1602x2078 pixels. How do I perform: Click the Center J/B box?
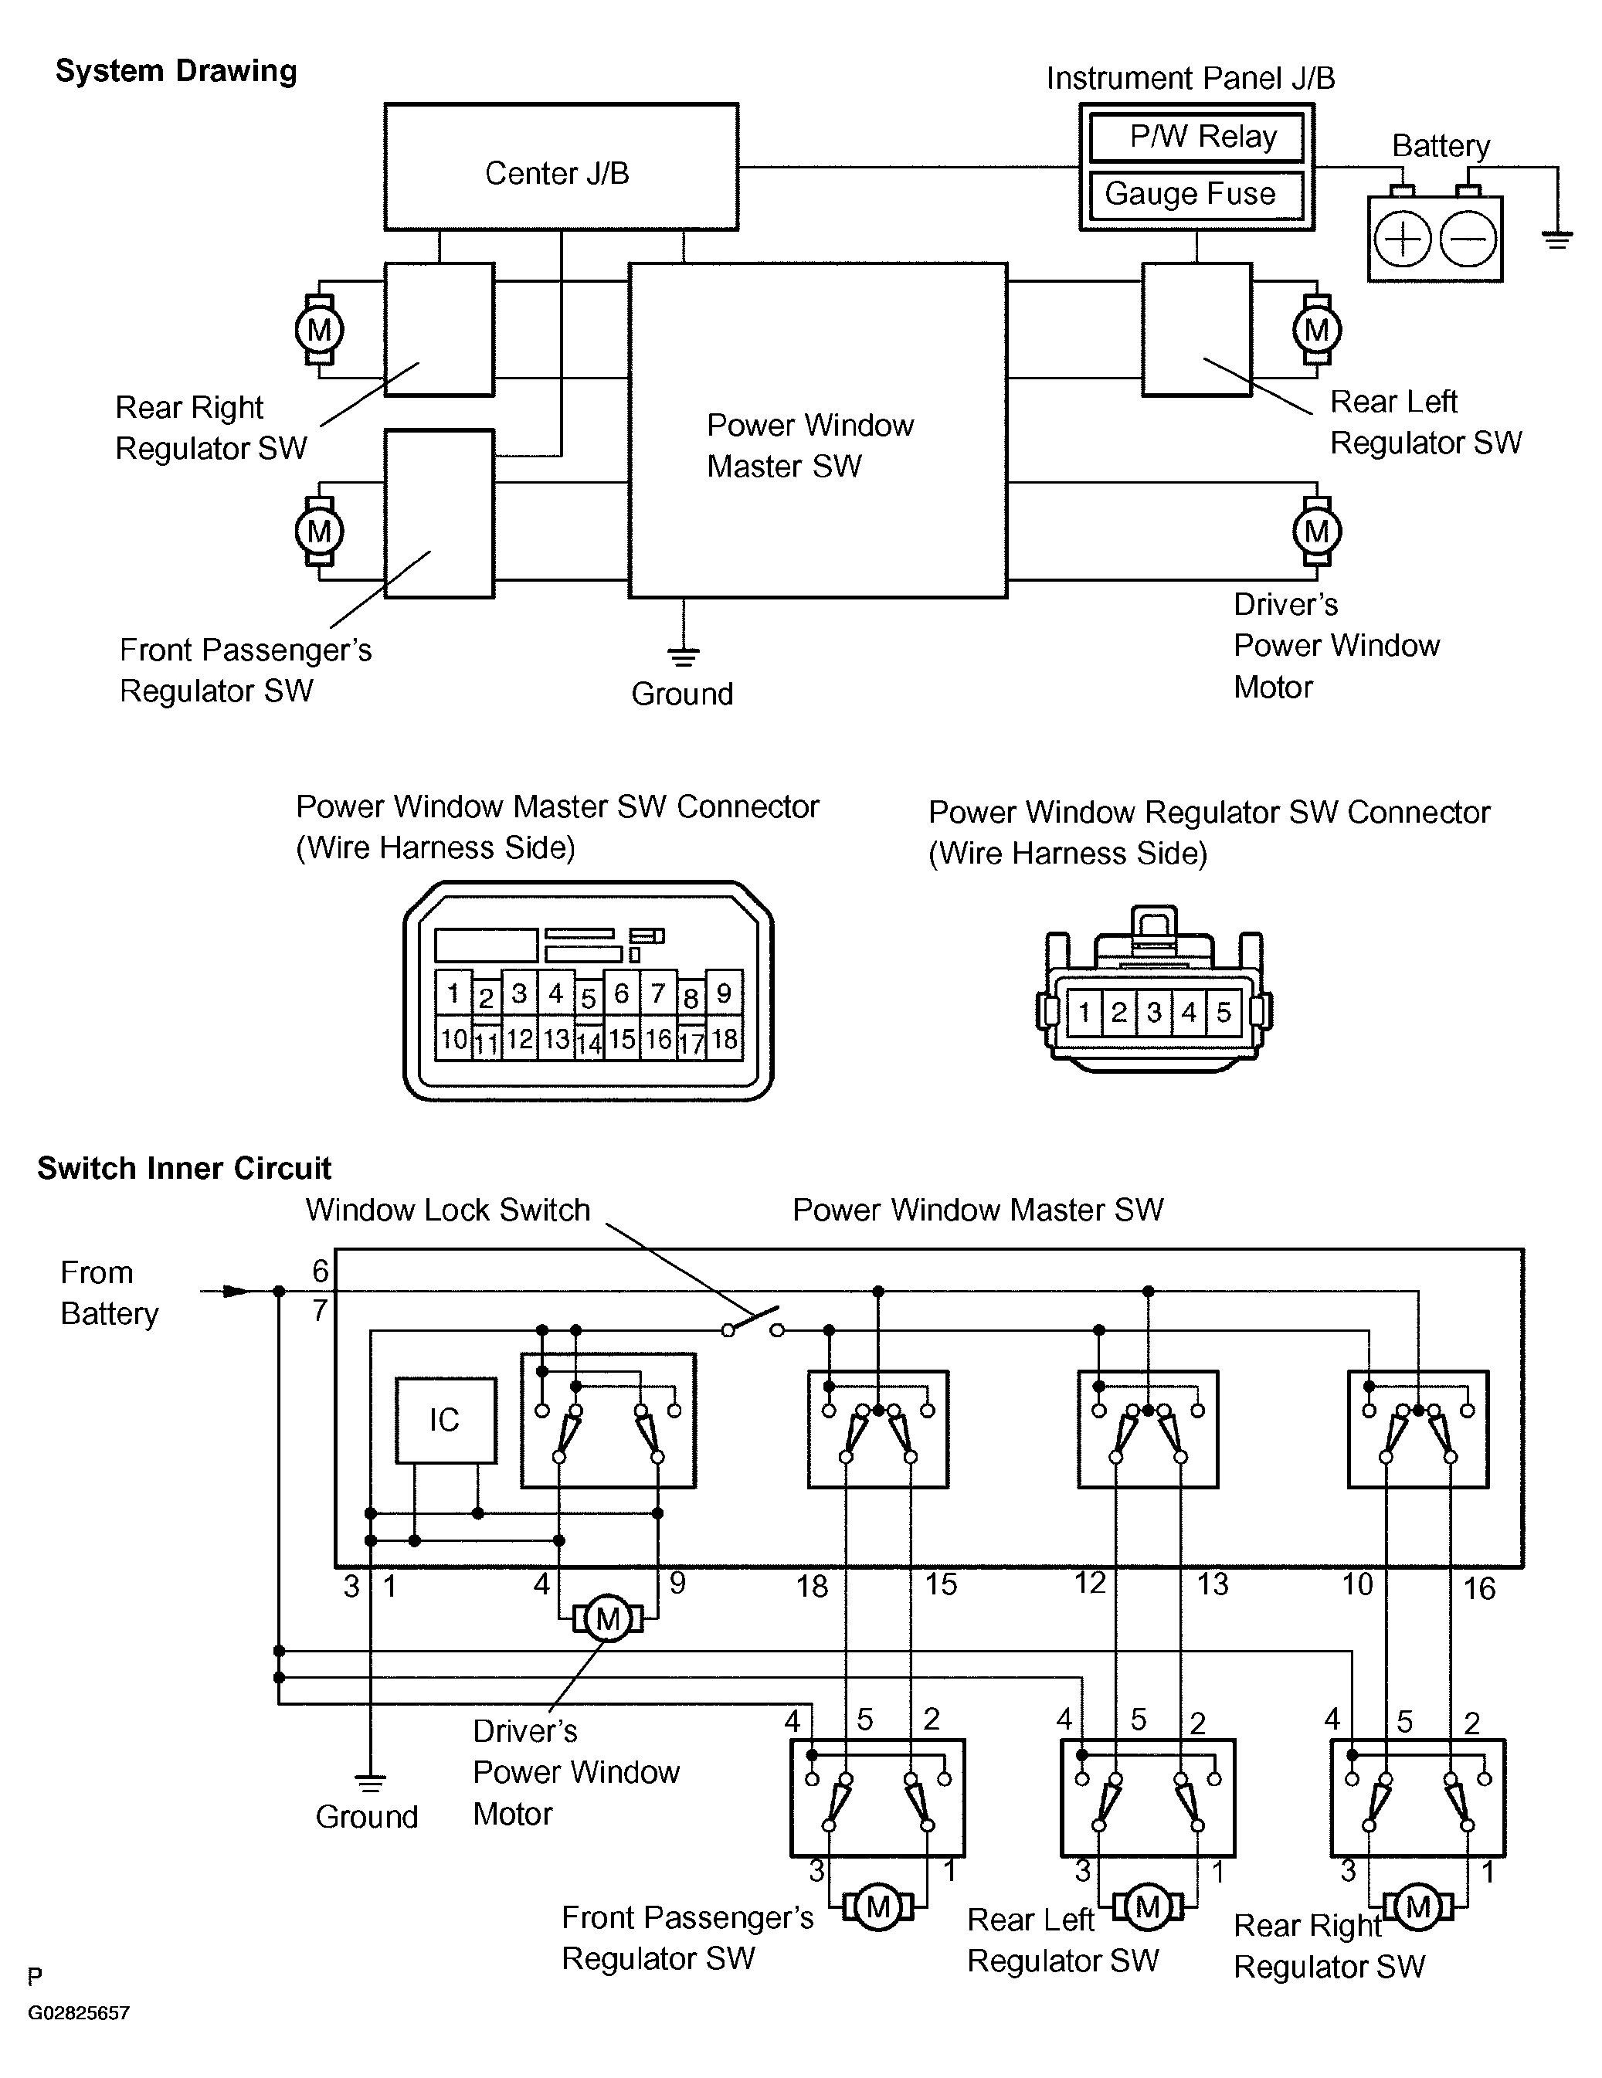click(x=562, y=167)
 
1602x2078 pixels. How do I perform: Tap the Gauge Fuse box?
click(x=1196, y=195)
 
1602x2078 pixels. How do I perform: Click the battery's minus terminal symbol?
click(x=1468, y=238)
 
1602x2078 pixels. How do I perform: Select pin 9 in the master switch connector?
click(x=724, y=993)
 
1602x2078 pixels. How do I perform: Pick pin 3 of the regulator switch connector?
click(x=1154, y=1011)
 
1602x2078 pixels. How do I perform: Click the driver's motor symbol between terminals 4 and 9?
click(x=608, y=1618)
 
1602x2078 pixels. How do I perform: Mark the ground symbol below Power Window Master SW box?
click(x=683, y=656)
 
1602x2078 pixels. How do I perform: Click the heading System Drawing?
click(x=176, y=71)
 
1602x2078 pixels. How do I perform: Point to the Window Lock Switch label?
click(x=448, y=1210)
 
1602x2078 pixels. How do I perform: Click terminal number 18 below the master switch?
click(x=813, y=1586)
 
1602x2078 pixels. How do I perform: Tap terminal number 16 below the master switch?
click(x=1479, y=1588)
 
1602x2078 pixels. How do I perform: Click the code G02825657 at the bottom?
click(x=79, y=2013)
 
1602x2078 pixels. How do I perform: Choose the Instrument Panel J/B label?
click(x=1191, y=78)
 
